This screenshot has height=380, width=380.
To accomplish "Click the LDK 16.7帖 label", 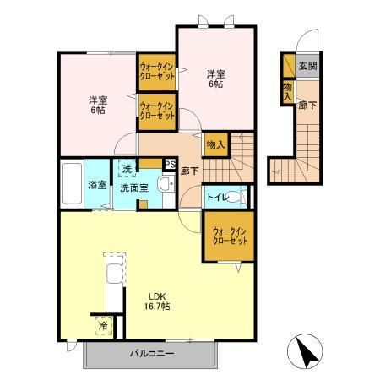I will tap(158, 301).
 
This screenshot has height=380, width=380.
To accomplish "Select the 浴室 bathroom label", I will tap(96, 184).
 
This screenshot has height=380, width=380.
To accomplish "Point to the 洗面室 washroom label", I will tap(133, 187).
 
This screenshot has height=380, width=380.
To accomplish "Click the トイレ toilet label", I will tap(217, 198).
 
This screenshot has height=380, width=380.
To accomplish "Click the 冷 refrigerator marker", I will tap(103, 325).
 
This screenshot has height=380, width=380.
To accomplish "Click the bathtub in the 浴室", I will tap(72, 182).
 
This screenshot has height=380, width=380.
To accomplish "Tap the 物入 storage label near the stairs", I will tap(215, 145).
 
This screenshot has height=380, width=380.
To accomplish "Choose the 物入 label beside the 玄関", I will tap(288, 90).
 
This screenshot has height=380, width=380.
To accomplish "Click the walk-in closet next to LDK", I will tap(230, 236).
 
